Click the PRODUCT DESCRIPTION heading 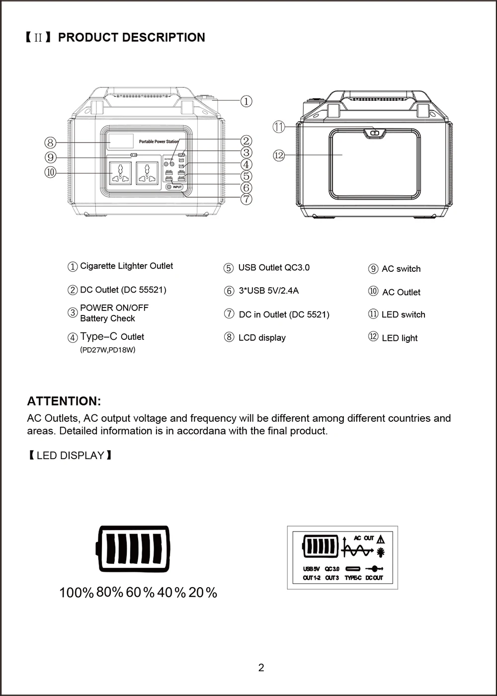(131, 38)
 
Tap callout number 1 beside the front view (246, 101)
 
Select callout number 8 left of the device (50, 143)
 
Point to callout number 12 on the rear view (279, 155)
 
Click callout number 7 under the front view (246, 200)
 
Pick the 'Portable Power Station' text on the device (159, 142)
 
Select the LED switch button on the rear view (375, 133)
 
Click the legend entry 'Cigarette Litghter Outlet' (126, 266)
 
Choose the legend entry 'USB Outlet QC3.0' (273, 268)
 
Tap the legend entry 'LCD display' (262, 338)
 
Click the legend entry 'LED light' (400, 338)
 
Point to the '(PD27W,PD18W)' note (108, 350)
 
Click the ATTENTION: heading (64, 401)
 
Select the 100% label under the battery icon (77, 593)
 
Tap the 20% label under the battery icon (203, 593)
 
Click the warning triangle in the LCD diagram (381, 539)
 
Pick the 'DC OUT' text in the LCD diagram (374, 578)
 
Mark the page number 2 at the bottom (261, 668)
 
